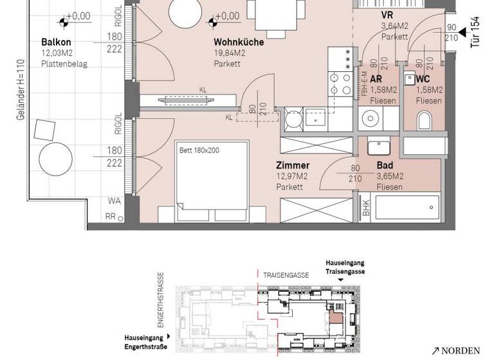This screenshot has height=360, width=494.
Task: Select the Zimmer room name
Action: [x=293, y=165]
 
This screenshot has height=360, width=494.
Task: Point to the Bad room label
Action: [x=385, y=165]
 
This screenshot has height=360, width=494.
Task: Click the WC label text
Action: [x=423, y=79]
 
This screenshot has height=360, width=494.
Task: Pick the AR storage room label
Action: [x=376, y=79]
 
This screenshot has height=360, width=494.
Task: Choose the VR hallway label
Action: [x=387, y=15]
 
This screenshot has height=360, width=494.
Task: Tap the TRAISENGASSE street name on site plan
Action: [x=286, y=275]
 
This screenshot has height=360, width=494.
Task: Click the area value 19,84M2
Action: [x=230, y=53]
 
